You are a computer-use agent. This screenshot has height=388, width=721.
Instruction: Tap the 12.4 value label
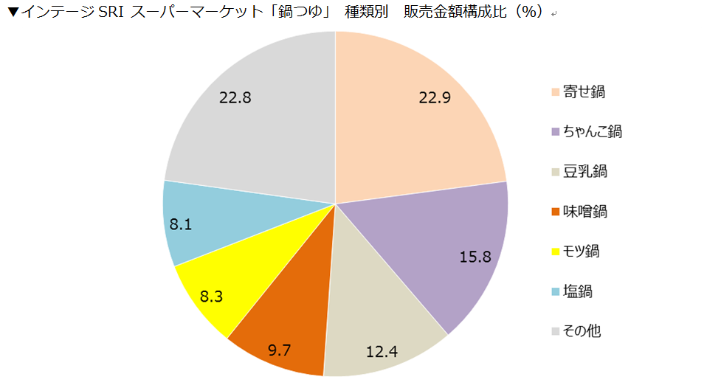click(382, 351)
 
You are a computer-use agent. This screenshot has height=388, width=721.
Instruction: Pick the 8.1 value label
click(181, 224)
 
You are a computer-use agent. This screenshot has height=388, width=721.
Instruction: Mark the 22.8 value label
click(235, 97)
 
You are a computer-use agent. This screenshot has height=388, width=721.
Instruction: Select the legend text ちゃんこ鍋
click(593, 132)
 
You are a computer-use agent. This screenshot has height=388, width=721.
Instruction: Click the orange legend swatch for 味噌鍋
click(555, 212)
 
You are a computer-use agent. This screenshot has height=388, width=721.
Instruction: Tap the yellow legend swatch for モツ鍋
click(555, 252)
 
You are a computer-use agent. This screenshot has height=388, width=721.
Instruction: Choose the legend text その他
click(582, 331)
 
